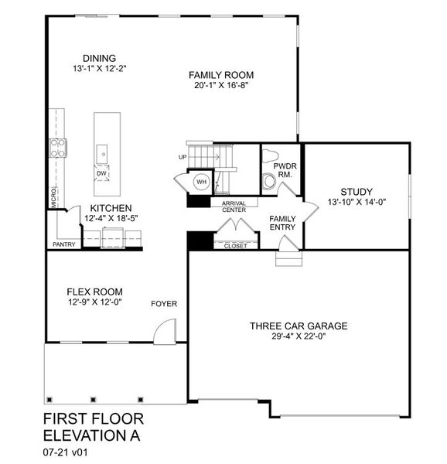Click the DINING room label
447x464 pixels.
pos(99,58)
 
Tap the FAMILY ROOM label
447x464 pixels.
pos(222,75)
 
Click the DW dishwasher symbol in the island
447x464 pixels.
pos(102,173)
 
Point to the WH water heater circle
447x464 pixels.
pos(201,183)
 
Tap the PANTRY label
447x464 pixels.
pos(63,244)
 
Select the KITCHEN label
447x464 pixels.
pos(111,208)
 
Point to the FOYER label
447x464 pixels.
pos(165,304)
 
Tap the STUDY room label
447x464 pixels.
pos(356,192)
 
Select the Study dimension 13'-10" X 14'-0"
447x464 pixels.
pos(356,203)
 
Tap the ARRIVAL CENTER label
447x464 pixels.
pos(234,206)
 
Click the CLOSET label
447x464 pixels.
pos(235,246)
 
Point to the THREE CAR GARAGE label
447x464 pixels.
pos(298,326)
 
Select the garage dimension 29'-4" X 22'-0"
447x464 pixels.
pos(298,336)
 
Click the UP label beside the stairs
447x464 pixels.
pos(183,157)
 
